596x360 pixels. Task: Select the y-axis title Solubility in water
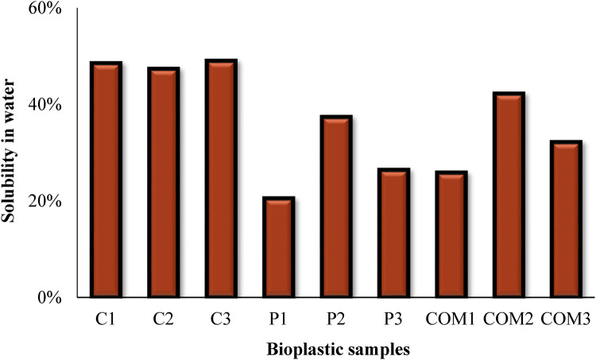pyautogui.click(x=11, y=153)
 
